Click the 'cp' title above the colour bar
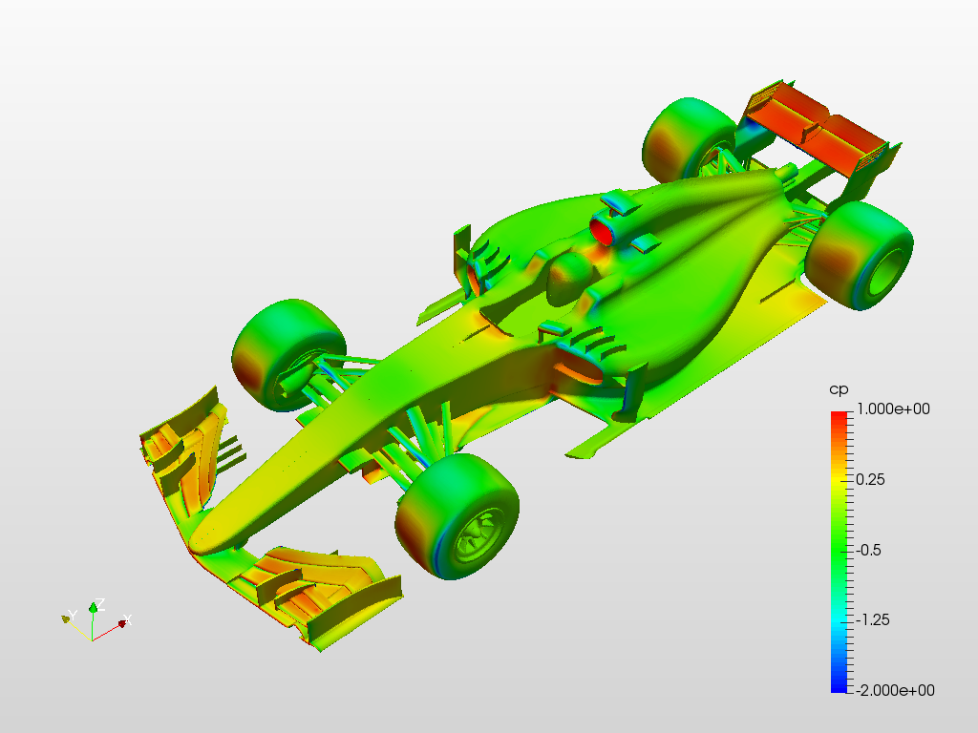click(839, 390)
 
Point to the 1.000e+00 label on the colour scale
click(893, 408)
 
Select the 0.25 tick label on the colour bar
click(870, 479)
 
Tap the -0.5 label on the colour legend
click(868, 550)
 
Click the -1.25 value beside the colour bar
click(873, 619)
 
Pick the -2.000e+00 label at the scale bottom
click(894, 690)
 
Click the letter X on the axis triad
click(127, 619)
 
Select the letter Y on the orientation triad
click(73, 616)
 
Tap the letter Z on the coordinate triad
click(99, 603)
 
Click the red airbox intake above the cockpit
click(603, 231)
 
